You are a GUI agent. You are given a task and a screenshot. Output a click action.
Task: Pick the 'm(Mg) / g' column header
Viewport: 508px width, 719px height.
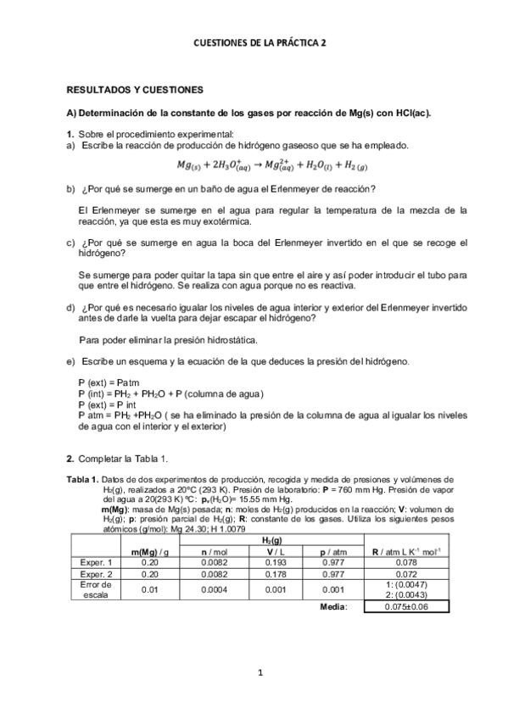point(150,552)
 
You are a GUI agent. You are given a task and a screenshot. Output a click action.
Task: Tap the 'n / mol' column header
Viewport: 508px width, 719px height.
point(210,552)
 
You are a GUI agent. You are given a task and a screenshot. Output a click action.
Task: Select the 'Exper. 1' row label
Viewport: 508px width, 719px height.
point(96,562)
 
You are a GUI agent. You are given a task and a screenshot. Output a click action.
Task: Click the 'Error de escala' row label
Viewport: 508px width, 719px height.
point(96,589)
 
